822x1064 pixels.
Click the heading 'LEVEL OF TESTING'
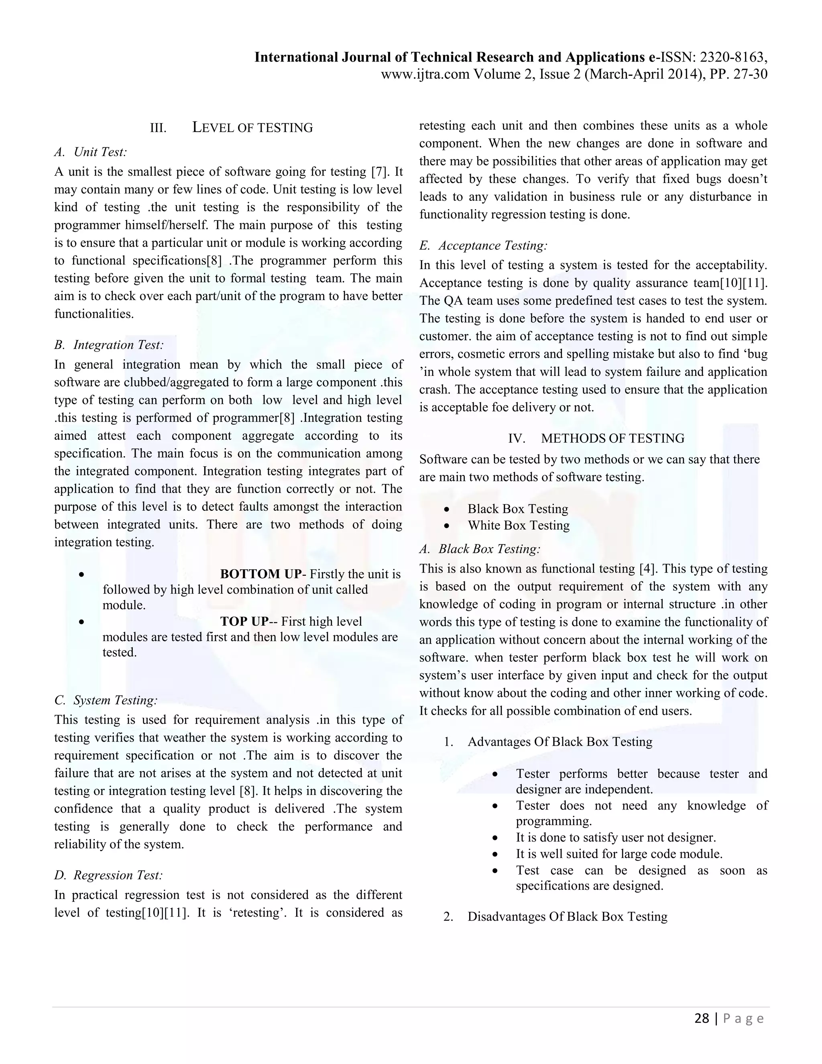[x=252, y=128]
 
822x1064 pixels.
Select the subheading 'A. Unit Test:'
[x=91, y=152]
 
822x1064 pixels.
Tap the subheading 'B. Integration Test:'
[x=109, y=345]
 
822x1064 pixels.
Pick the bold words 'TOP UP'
[x=244, y=621]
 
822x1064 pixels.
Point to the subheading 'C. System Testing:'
[x=106, y=700]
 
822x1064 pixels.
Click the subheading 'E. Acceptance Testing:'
[x=483, y=246]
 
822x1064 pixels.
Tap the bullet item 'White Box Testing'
[x=518, y=525]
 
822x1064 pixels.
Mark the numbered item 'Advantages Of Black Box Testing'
[x=560, y=742]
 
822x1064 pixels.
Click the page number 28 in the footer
[x=701, y=1019]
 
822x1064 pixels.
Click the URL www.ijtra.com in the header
[x=425, y=75]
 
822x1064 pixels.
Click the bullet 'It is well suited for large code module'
[x=619, y=854]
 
